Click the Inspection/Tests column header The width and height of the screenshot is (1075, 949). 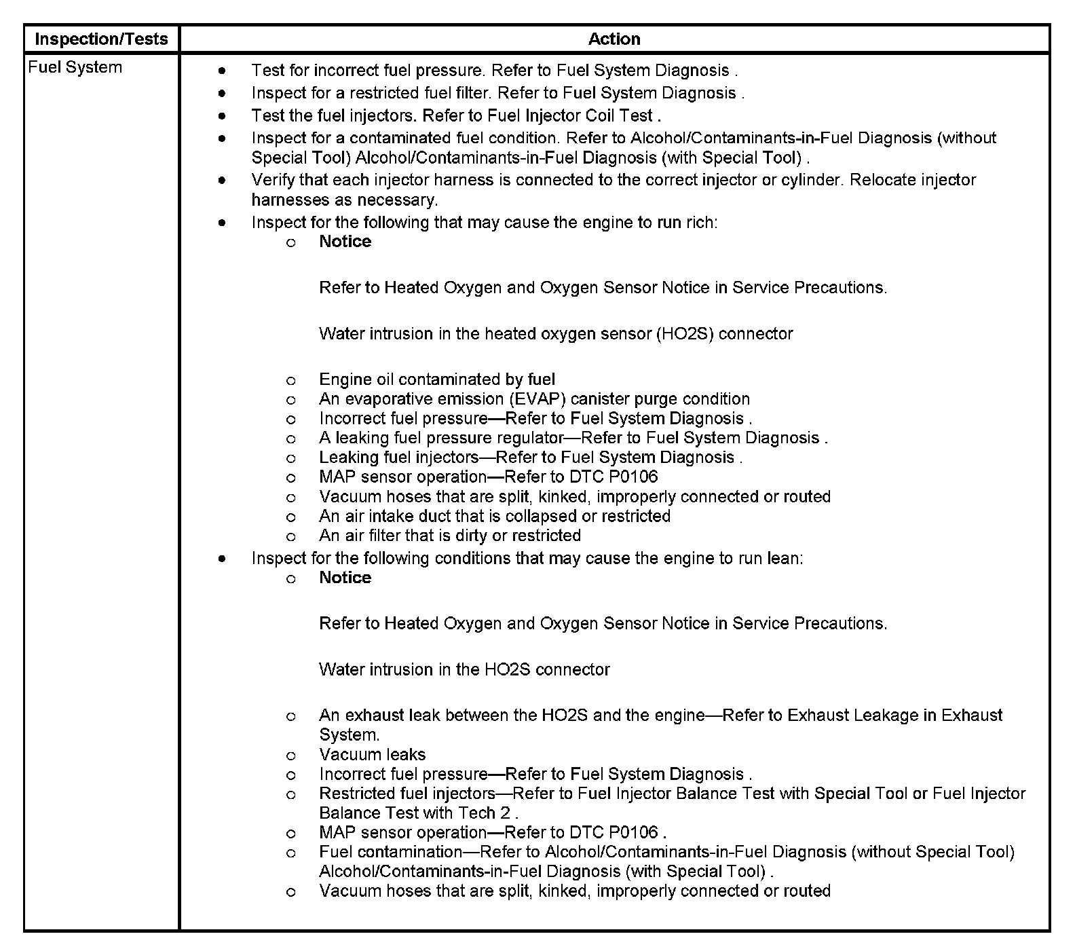pos(101,39)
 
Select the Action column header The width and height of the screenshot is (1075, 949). pos(614,39)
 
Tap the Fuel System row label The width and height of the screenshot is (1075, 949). pos(75,67)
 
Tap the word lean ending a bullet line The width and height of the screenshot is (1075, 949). pos(784,559)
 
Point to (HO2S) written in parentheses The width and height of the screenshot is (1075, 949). pos(685,334)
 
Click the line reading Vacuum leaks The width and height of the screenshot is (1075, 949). pos(373,755)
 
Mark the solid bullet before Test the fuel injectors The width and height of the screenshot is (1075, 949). pos(222,116)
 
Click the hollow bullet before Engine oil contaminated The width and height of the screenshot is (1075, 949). pos(290,381)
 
